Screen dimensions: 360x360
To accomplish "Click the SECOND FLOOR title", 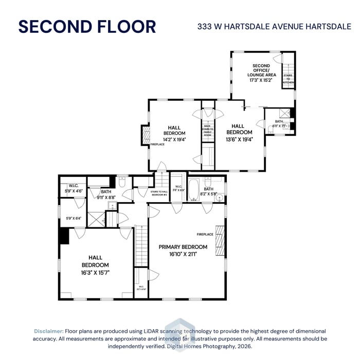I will point(87,26).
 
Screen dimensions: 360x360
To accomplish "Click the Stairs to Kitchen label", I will point(288,79).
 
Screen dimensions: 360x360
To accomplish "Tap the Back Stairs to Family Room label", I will point(207,130).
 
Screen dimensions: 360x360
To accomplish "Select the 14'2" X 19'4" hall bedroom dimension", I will point(174,139).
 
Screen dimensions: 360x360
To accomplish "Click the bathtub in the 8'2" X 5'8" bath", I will point(194,189).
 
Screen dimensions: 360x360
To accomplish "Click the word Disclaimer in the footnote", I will point(49,331).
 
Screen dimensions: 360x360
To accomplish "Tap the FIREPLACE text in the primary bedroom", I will point(205,235).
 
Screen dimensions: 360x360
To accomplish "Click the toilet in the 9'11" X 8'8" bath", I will point(122,182).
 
